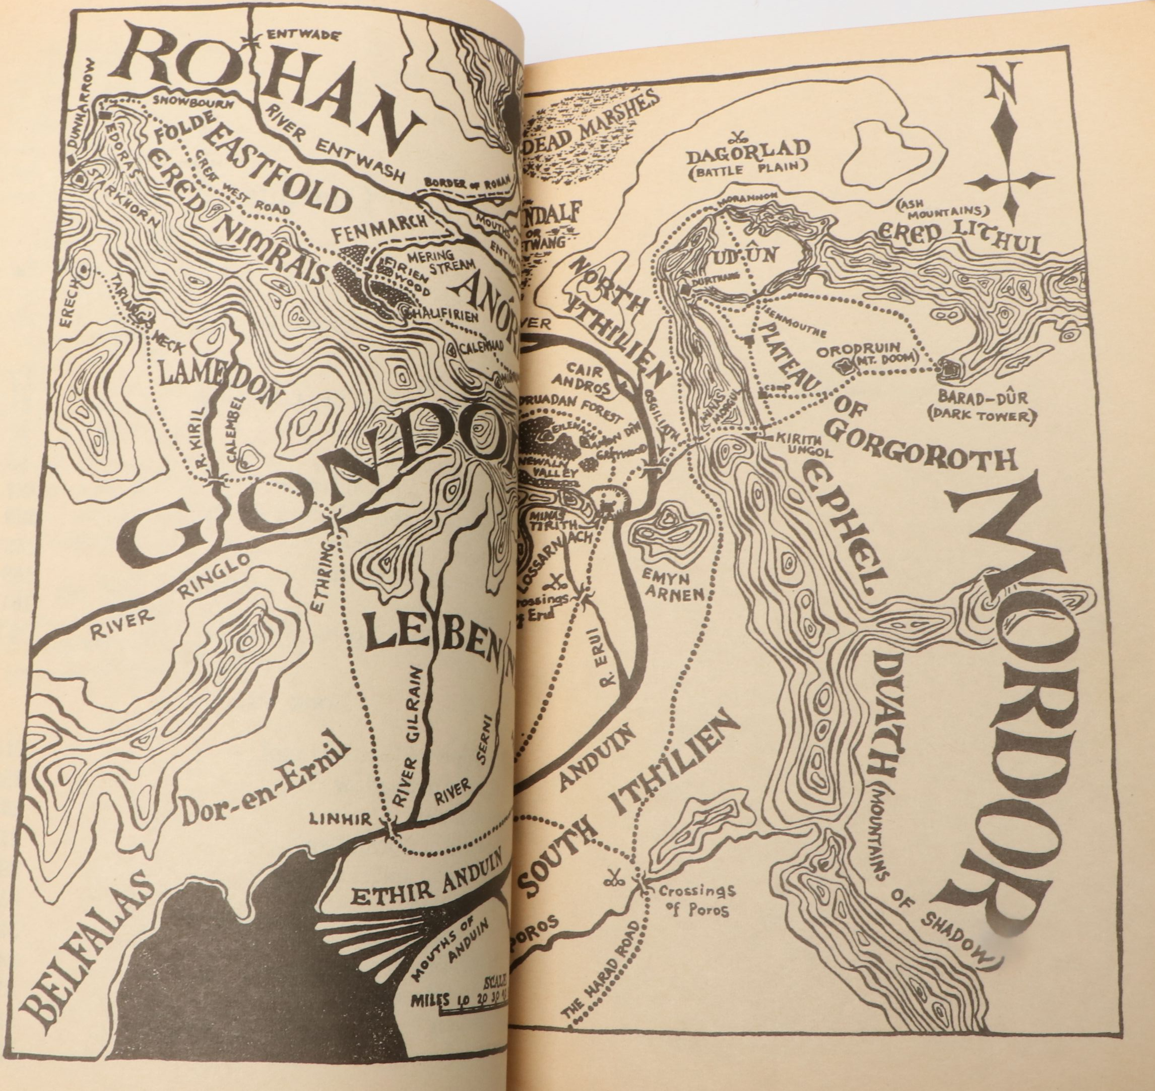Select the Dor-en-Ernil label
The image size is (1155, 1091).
[x=258, y=785]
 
